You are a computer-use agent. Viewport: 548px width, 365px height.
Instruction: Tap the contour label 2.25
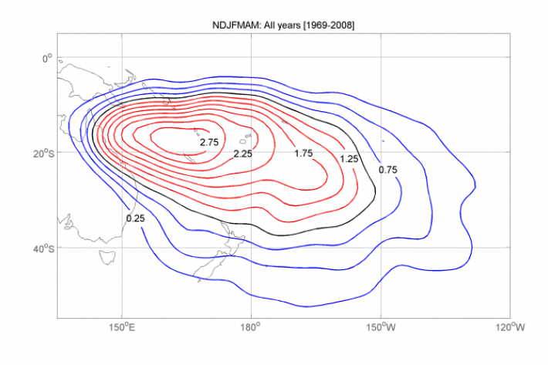244,154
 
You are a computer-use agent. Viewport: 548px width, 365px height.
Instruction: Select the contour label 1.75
303,154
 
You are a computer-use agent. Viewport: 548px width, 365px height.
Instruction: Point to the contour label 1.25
350,159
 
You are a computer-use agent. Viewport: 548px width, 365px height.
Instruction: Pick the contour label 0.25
136,218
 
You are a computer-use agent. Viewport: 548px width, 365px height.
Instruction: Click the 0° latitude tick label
46,57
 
